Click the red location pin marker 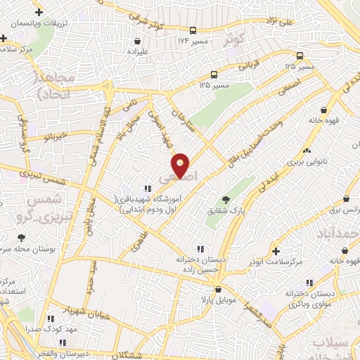click(181, 165)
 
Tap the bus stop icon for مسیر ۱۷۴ click(193, 30)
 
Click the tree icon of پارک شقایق click(225, 200)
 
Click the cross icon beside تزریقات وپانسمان click(39, 12)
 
